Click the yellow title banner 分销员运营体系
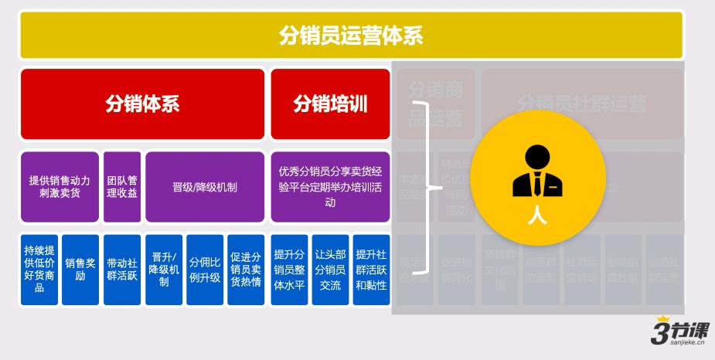click(x=351, y=36)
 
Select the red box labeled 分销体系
click(x=142, y=104)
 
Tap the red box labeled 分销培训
click(x=330, y=104)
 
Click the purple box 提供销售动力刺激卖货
click(x=60, y=186)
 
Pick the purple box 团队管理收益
click(x=122, y=186)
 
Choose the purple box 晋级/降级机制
click(x=205, y=186)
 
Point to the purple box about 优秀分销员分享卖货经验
click(x=330, y=186)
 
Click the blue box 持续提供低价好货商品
click(x=39, y=269)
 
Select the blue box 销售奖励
click(x=80, y=269)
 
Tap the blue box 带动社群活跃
click(x=122, y=269)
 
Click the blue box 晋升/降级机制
click(x=164, y=269)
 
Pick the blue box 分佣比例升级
click(x=205, y=269)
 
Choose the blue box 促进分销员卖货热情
click(x=246, y=269)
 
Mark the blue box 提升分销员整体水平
click(x=289, y=269)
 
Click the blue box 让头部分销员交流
click(x=330, y=269)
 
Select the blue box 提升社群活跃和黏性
click(x=372, y=269)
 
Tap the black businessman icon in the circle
click(x=536, y=172)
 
